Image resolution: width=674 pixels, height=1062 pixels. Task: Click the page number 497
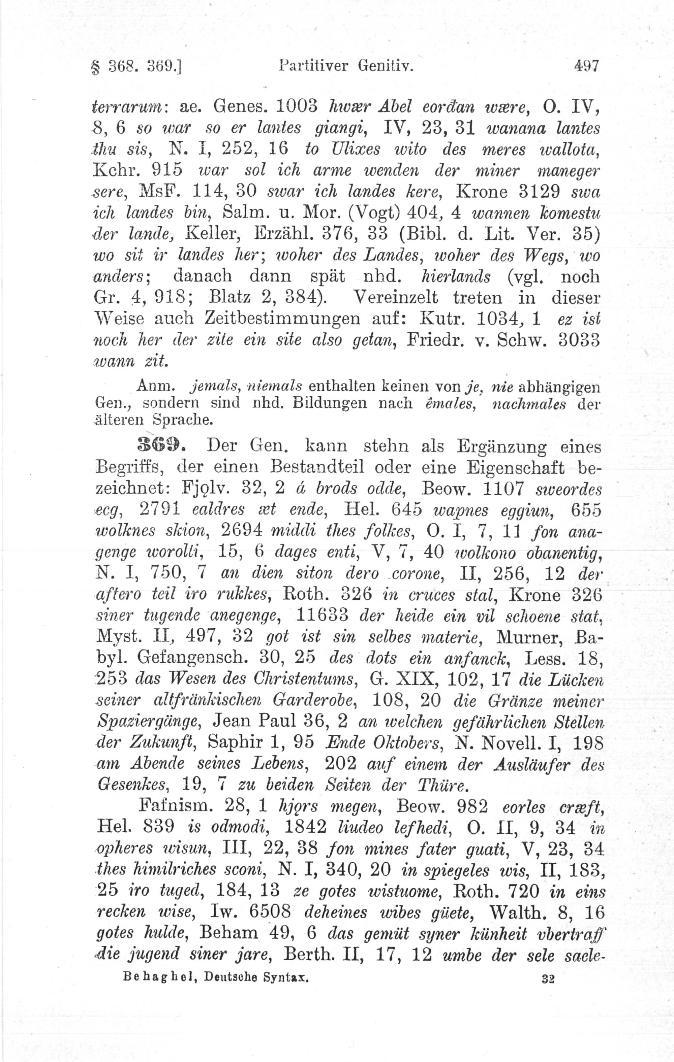click(x=586, y=67)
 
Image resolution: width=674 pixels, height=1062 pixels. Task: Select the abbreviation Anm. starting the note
click(x=156, y=386)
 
